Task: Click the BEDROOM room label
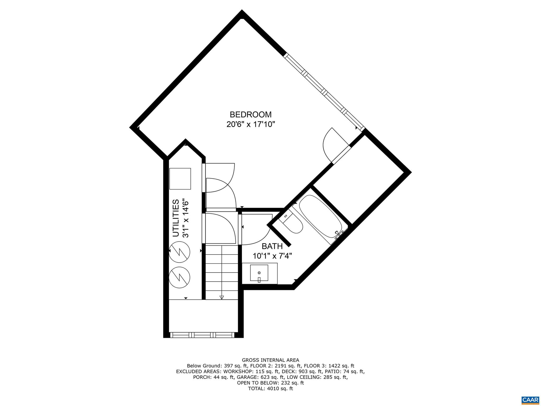tap(250, 114)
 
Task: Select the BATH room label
tap(272, 246)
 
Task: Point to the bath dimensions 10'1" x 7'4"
tap(272, 256)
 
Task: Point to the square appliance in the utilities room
tap(180, 178)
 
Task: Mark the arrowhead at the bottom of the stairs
tap(222, 297)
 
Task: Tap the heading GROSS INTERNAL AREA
tap(270, 360)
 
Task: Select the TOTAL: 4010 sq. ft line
tap(270, 389)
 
